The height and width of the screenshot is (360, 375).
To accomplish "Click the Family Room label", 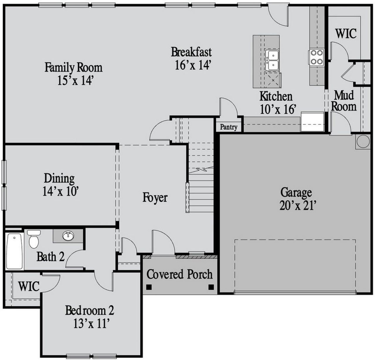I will (x=74, y=67).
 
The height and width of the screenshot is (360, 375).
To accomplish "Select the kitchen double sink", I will (x=272, y=60).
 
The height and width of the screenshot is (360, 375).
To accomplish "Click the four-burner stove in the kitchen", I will (x=316, y=57).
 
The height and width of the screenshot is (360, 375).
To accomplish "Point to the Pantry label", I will (x=229, y=127).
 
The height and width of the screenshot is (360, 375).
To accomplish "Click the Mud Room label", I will (x=344, y=101).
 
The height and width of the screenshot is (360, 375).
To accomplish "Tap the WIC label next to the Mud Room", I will (x=346, y=33).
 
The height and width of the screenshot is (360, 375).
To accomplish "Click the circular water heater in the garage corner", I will (x=362, y=142).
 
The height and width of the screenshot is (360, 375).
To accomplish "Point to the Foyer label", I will (x=155, y=198).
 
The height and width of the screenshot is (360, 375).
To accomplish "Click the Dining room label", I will (x=59, y=178).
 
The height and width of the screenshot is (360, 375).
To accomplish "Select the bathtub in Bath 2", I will (x=14, y=251).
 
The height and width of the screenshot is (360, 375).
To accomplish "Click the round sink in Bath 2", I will (x=68, y=236).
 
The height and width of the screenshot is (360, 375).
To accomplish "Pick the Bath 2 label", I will (x=50, y=257).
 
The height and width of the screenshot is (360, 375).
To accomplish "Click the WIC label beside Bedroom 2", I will (x=29, y=286).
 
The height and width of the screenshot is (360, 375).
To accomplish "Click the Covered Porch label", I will (x=180, y=274).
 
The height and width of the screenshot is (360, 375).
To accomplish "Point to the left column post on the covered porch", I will (x=149, y=287).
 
